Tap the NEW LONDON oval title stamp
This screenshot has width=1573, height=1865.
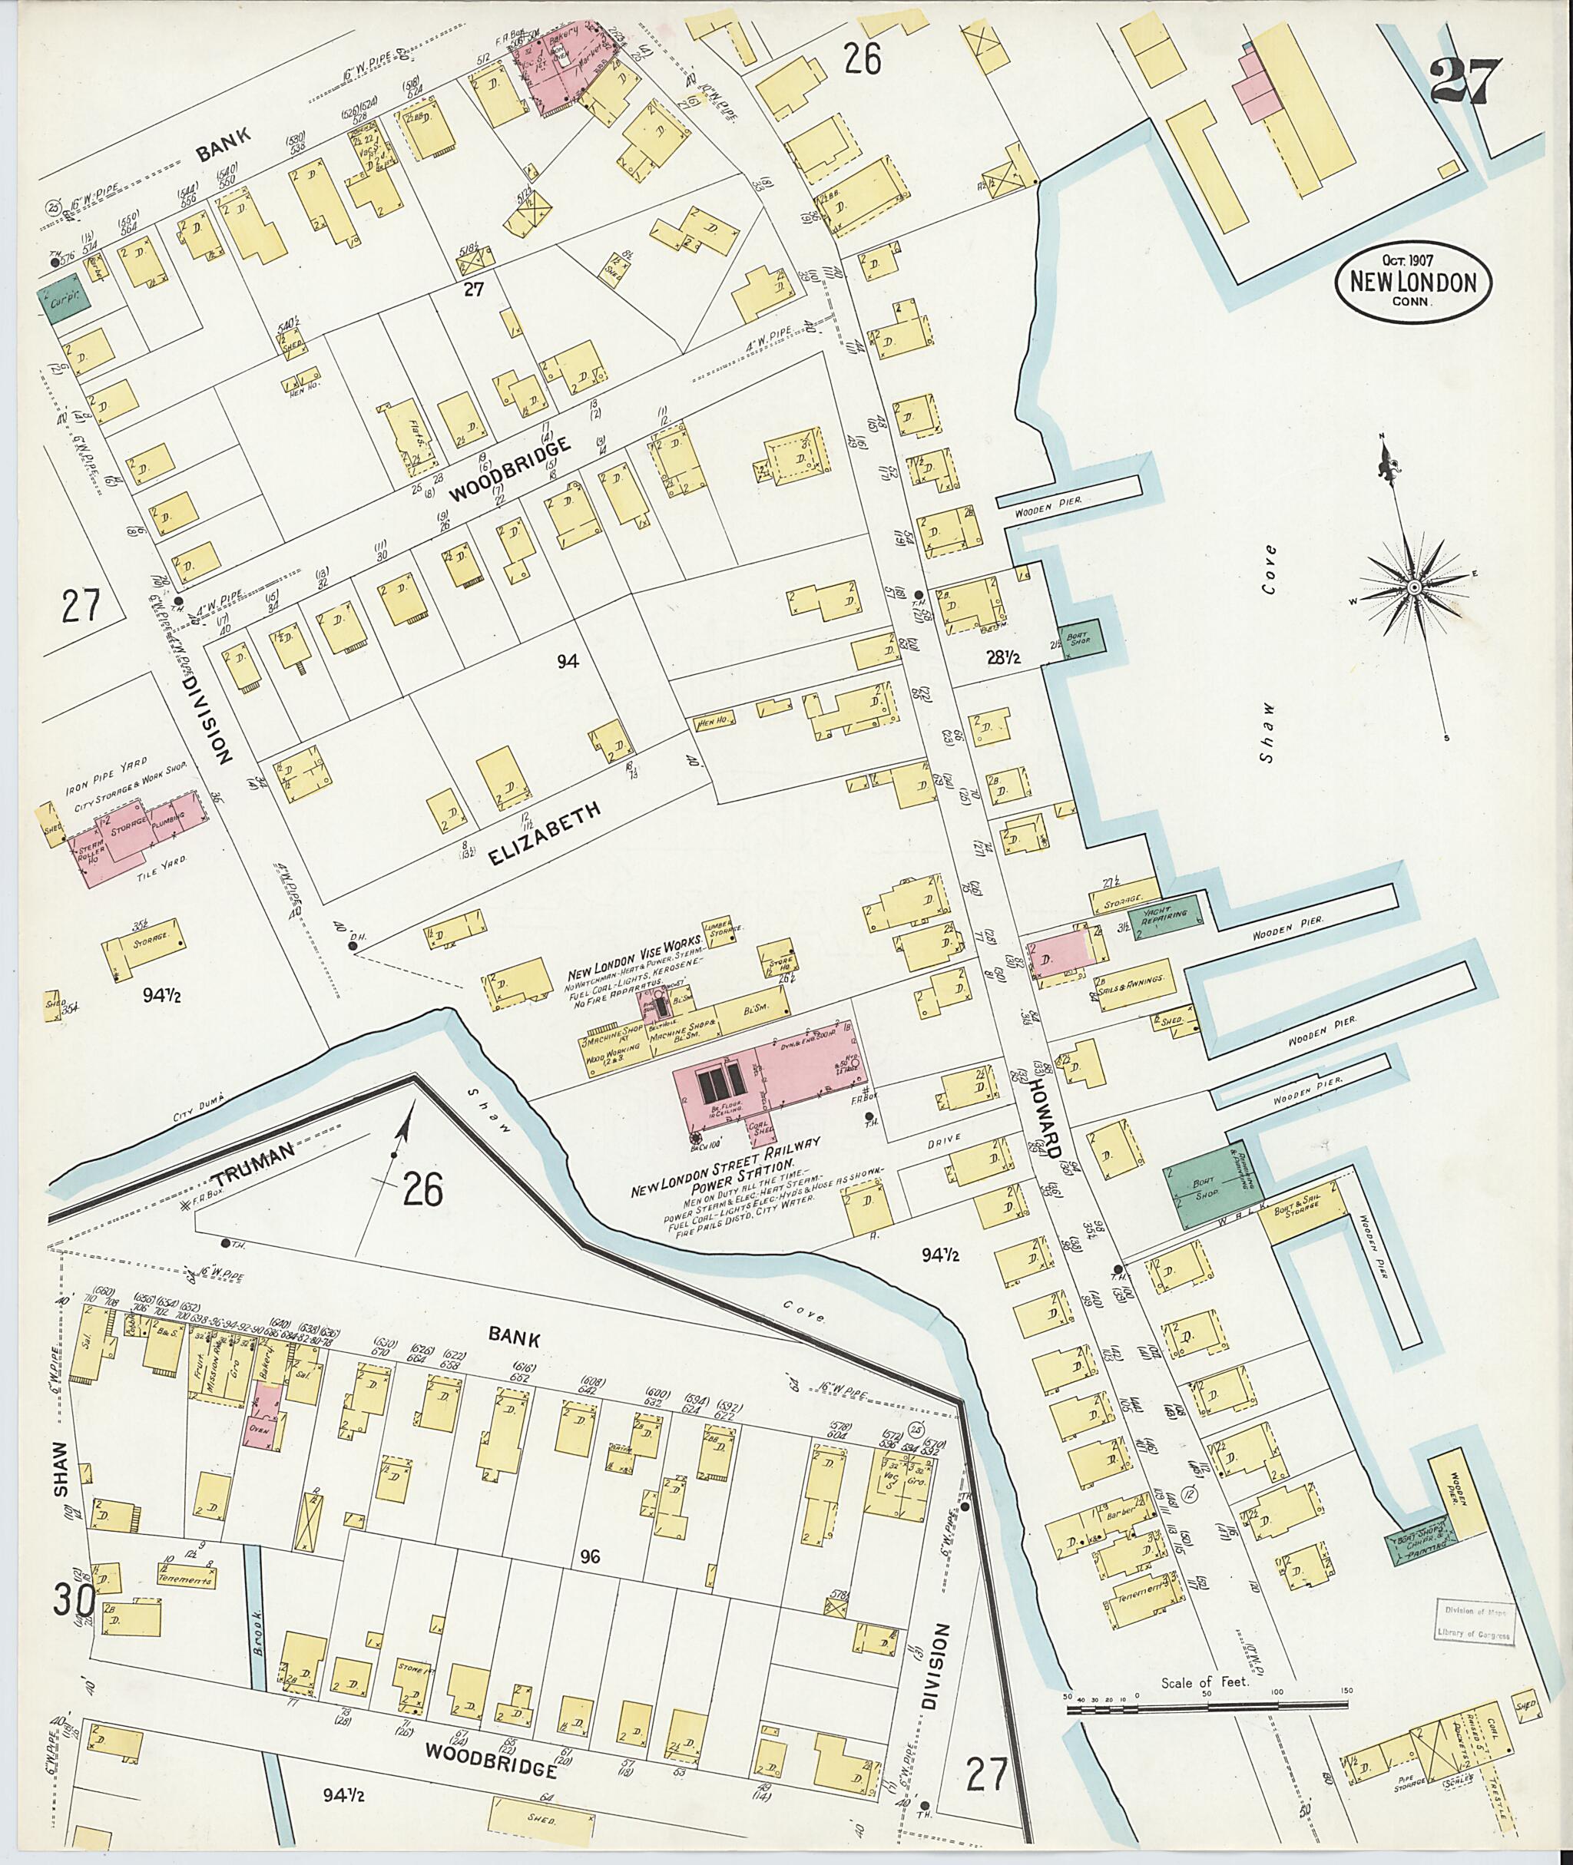click(x=1413, y=283)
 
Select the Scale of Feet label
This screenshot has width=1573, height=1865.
click(x=1206, y=1683)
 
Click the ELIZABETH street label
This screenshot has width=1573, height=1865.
click(x=544, y=832)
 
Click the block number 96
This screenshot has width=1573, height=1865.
click(x=588, y=1556)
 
